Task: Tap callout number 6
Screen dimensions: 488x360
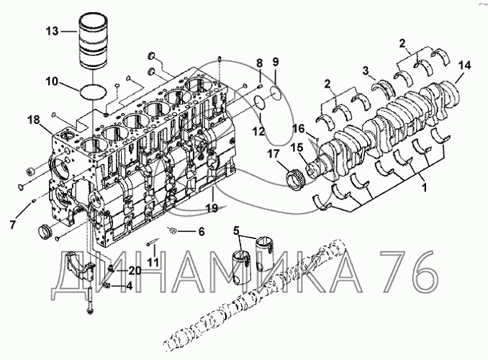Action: click(x=201, y=231)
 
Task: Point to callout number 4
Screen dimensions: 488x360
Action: click(x=128, y=286)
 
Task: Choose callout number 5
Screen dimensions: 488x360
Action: click(x=237, y=230)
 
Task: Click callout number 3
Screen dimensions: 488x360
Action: click(x=366, y=70)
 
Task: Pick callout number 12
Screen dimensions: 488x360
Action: click(x=258, y=132)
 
